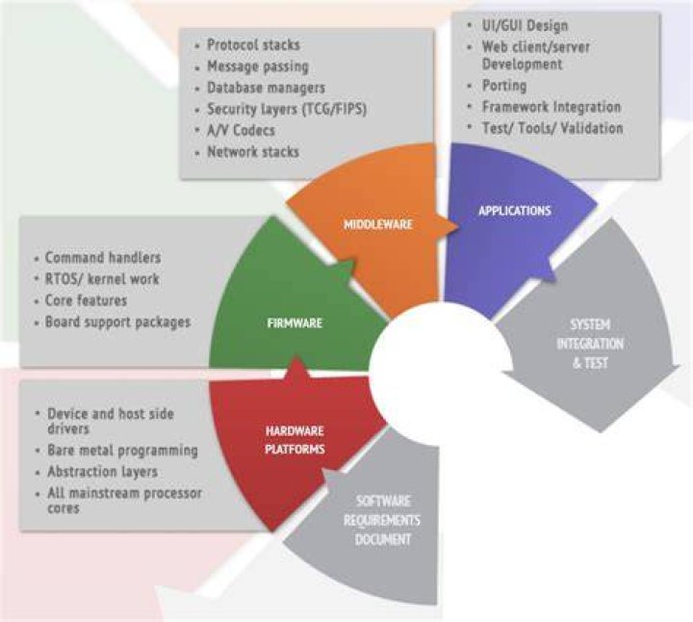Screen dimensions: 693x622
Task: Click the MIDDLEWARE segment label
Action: click(x=378, y=224)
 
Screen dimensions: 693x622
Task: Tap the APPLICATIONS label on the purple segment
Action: click(x=515, y=211)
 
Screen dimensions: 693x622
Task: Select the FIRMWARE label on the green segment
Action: click(x=295, y=324)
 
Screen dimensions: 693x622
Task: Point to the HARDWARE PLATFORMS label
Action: click(x=295, y=440)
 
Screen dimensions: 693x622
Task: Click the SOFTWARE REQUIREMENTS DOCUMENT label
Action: click(x=382, y=520)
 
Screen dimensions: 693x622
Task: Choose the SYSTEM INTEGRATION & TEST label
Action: click(x=590, y=344)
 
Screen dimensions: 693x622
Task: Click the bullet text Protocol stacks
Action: click(x=254, y=44)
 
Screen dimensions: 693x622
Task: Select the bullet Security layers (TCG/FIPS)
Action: click(x=287, y=109)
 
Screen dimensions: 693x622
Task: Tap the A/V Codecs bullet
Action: click(x=241, y=130)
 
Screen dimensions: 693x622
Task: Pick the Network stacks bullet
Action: click(x=253, y=151)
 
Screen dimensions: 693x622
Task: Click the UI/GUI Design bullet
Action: click(x=526, y=26)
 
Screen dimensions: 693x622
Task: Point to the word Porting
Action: click(x=504, y=86)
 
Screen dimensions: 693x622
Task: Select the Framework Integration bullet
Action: click(x=552, y=107)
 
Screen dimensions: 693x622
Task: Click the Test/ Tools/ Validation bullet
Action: click(x=552, y=128)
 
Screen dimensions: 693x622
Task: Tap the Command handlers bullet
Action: click(x=103, y=257)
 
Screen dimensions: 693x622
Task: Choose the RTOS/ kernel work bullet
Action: click(x=102, y=279)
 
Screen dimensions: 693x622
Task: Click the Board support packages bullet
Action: click(x=118, y=322)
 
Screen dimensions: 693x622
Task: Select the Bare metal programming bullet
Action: click(x=123, y=451)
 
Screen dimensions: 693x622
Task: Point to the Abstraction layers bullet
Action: click(x=103, y=472)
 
